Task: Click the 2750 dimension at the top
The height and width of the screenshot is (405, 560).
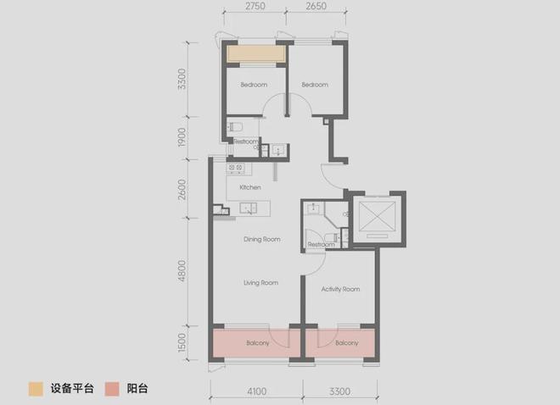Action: (x=255, y=6)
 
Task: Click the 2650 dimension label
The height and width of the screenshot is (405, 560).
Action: (x=316, y=6)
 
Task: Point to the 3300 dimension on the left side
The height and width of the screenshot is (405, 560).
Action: (x=182, y=79)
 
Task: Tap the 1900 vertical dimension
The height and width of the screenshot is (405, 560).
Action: (x=182, y=137)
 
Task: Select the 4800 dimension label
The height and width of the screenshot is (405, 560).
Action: (x=182, y=271)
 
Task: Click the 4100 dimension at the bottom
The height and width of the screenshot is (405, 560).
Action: (x=257, y=391)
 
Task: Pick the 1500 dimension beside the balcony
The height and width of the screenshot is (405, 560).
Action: (x=182, y=342)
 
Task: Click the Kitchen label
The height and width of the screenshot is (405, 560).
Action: (x=250, y=187)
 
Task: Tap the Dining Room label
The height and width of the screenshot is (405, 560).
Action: (x=262, y=239)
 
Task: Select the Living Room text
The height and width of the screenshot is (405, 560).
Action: (x=260, y=283)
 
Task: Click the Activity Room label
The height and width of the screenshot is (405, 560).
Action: (x=340, y=289)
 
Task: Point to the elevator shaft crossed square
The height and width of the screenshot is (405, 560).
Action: (x=377, y=216)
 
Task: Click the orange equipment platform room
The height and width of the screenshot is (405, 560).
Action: (x=256, y=54)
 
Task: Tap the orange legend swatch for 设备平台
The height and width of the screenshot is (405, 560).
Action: (x=36, y=389)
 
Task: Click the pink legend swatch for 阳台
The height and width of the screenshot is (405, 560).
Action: (x=112, y=389)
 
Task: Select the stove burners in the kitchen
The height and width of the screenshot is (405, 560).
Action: (x=235, y=168)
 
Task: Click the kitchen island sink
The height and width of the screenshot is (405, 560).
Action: (x=249, y=208)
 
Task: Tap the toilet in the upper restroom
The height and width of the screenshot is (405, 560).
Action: (x=235, y=126)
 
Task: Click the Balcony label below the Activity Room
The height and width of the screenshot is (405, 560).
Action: (x=346, y=343)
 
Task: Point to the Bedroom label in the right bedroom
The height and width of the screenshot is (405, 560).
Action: (x=315, y=85)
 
